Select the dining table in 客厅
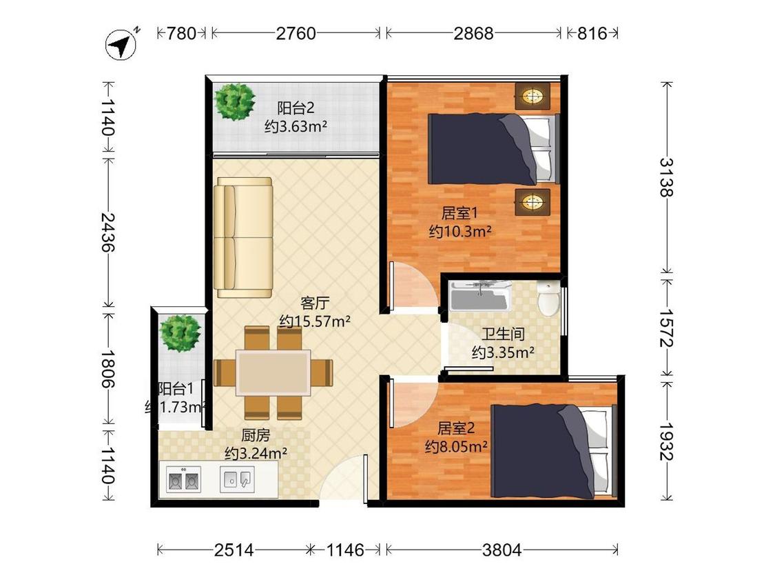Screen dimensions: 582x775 (273, 372)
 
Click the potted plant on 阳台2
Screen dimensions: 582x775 (235, 101)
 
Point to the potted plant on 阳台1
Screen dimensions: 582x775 (180, 332)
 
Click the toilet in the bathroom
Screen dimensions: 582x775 (549, 299)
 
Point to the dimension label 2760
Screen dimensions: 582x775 (296, 33)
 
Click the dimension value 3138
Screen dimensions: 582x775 (666, 177)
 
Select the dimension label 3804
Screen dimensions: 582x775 (502, 550)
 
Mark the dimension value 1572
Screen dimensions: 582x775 (666, 327)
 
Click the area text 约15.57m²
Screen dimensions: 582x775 (315, 321)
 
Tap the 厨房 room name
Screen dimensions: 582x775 (255, 436)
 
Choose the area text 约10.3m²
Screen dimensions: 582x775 (459, 232)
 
